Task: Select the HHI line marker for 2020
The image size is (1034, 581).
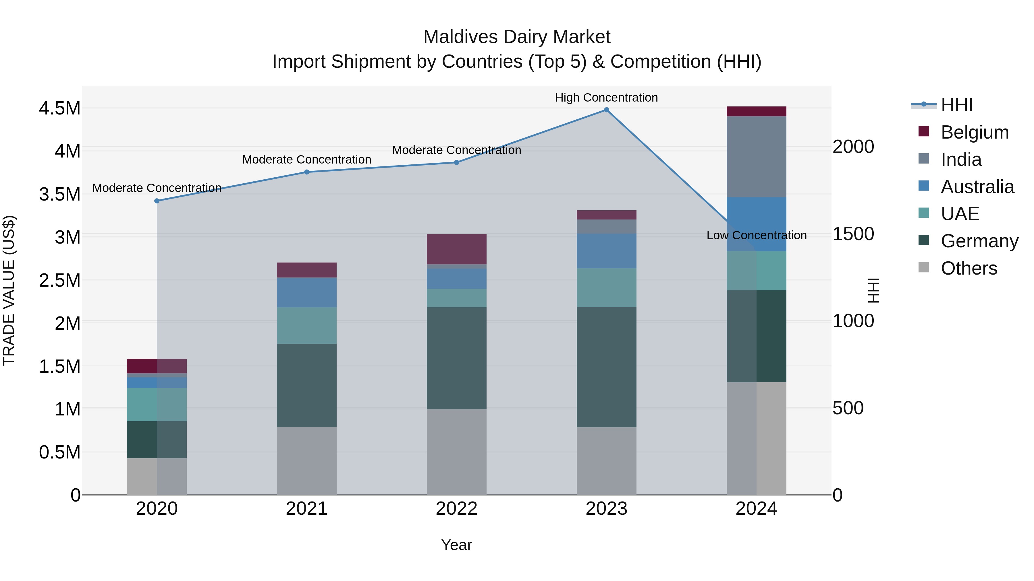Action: (157, 201)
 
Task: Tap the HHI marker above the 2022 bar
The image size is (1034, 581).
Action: (456, 162)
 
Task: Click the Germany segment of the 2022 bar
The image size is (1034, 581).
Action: (456, 358)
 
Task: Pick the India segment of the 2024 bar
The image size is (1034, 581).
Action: (756, 156)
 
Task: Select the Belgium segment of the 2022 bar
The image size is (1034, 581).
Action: (456, 248)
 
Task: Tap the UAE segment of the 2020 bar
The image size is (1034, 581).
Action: (157, 404)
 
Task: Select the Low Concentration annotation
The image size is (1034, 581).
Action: (756, 235)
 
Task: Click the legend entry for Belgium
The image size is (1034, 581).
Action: (975, 132)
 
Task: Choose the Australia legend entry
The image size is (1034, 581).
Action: (977, 187)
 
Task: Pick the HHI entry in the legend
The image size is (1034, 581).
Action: (956, 105)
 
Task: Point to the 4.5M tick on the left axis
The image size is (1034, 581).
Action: (59, 108)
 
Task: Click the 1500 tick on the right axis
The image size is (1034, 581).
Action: (853, 234)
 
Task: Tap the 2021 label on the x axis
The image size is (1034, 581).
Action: (307, 509)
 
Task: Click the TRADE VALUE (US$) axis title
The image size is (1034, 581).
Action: (9, 290)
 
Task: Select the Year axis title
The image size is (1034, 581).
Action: (456, 545)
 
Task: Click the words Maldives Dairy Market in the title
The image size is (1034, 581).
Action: (517, 37)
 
